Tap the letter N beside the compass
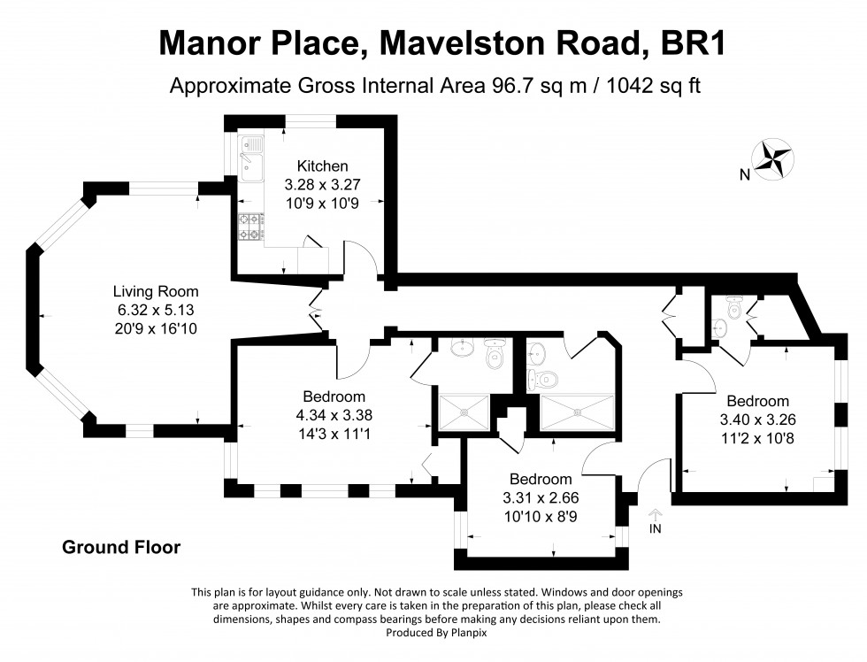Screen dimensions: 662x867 pos(745,175)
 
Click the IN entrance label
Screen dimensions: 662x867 pos(656,528)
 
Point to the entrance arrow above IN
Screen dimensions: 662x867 pos(656,512)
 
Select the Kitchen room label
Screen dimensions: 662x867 pos(322,165)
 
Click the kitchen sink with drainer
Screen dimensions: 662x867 pos(250,158)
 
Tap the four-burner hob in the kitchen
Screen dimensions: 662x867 pos(250,227)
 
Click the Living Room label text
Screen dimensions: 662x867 pos(156,291)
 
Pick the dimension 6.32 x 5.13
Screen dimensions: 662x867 pos(156,309)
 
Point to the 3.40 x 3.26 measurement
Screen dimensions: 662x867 pos(758,419)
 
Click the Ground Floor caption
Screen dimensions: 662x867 pos(121,547)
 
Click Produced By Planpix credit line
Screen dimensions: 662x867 pos(437,632)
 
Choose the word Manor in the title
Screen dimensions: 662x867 pos(206,42)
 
